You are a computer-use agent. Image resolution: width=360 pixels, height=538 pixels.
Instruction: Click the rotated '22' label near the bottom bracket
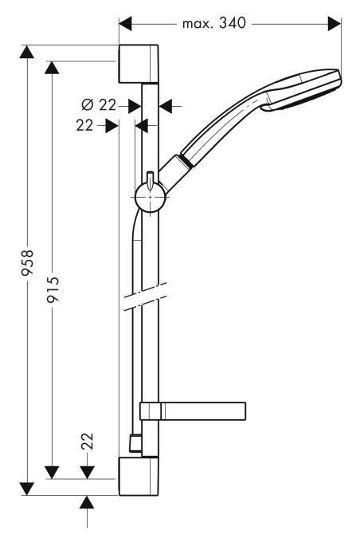[x=88, y=442]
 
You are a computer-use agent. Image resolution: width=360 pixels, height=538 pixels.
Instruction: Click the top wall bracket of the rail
[x=141, y=64]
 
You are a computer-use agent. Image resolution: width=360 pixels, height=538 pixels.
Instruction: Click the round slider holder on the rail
[x=151, y=195]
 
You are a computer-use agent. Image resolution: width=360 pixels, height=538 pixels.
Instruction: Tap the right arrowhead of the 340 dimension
[x=335, y=25]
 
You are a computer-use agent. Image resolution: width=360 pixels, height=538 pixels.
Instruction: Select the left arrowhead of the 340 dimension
[x=125, y=25]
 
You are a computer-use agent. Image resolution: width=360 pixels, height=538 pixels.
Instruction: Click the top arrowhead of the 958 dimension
[x=28, y=53]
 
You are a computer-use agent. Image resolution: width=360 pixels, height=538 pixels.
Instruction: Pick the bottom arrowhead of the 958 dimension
[x=28, y=487]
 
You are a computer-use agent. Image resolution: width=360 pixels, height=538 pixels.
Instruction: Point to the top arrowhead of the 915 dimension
[x=53, y=68]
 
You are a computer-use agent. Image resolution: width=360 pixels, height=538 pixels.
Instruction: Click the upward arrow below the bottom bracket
[x=88, y=501]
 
